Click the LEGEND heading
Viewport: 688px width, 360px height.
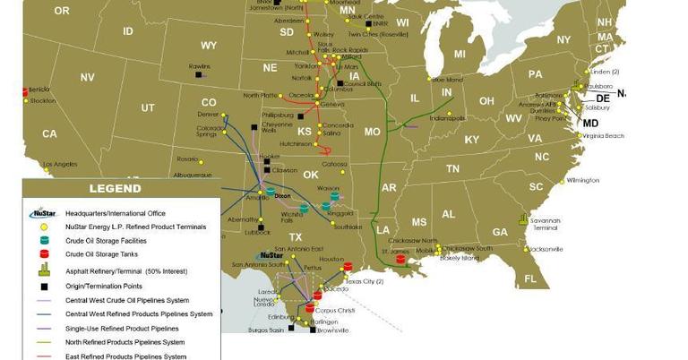[115, 189]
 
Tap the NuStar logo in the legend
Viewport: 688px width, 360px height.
[43, 213]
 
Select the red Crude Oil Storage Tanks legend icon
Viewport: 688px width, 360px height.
[43, 254]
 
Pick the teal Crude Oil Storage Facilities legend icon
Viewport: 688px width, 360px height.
[43, 240]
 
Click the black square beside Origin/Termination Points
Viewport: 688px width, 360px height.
[43, 286]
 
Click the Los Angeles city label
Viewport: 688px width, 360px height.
[60, 164]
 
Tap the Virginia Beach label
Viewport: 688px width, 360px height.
[603, 135]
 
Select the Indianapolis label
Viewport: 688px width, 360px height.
[447, 118]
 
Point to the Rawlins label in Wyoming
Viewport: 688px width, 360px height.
[200, 66]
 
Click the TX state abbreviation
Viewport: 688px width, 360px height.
[296, 236]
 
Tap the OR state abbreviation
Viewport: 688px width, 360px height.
[62, 11]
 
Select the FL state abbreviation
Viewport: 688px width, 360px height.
[530, 280]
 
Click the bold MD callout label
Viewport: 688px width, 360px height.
[590, 123]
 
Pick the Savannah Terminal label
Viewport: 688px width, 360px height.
[546, 224]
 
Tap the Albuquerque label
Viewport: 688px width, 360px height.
[193, 175]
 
